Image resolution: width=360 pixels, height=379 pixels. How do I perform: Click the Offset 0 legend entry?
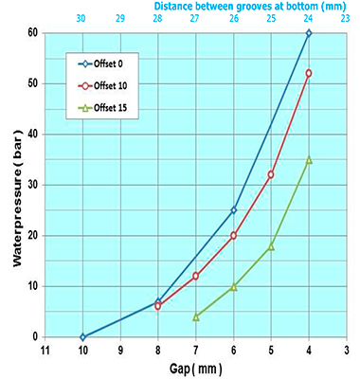(104, 64)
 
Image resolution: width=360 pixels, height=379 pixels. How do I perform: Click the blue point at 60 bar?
(309, 33)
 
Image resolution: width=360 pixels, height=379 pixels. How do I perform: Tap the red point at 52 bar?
(309, 73)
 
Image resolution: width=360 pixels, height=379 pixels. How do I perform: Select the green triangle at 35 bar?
(309, 159)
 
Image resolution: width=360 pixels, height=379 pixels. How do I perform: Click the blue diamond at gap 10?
(82, 336)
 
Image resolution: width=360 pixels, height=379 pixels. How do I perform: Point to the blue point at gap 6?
(233, 210)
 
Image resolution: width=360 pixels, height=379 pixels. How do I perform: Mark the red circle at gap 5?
(271, 174)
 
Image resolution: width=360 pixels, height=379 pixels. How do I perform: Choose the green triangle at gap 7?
(195, 316)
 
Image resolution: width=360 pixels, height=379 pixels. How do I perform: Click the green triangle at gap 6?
(233, 286)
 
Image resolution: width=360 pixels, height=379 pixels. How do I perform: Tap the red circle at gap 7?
(195, 276)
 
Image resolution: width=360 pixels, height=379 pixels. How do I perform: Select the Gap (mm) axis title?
(193, 368)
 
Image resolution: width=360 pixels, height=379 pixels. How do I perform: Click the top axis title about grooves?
(247, 6)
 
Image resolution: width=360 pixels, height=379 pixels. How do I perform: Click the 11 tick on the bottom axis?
(45, 350)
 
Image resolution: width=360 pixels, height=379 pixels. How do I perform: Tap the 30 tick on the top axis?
(82, 18)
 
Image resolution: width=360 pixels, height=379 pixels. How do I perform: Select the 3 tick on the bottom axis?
(346, 350)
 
